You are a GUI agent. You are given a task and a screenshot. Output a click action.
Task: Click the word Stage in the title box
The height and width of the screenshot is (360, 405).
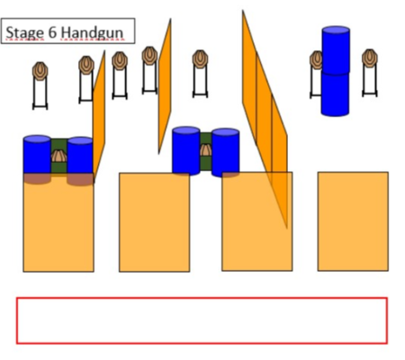(x=25, y=32)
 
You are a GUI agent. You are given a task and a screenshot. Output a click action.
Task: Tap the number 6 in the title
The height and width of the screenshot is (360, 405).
(x=52, y=31)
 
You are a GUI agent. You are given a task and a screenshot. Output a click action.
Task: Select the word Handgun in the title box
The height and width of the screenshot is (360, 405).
(x=92, y=32)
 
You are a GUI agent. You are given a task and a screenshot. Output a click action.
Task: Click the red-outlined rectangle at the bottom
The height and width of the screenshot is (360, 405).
(x=202, y=320)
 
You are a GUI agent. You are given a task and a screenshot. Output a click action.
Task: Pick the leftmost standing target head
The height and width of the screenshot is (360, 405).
(x=40, y=71)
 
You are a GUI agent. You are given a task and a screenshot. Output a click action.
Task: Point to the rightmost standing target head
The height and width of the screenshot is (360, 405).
(x=370, y=58)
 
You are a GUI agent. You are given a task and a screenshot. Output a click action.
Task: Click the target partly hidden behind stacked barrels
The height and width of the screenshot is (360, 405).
(x=316, y=60)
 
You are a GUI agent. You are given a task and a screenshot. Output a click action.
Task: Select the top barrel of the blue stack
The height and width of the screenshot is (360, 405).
(x=336, y=49)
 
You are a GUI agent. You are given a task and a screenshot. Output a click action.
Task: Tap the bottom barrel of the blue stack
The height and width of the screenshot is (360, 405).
(x=335, y=93)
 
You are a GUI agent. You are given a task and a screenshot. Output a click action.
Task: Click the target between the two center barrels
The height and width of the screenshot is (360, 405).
(x=206, y=149)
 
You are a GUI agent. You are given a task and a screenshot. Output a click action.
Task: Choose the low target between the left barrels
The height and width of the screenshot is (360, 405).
(x=58, y=156)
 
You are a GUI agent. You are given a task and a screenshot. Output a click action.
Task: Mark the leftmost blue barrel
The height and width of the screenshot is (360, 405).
(x=37, y=159)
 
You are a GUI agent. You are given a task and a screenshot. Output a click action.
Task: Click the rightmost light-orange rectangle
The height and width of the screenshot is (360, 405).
(x=353, y=221)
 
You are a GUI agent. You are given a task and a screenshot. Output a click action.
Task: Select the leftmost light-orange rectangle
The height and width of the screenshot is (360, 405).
(x=58, y=222)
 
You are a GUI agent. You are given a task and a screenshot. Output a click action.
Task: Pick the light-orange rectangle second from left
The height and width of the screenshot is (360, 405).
(x=154, y=222)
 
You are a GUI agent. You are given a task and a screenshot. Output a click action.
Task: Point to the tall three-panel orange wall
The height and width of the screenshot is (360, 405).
(x=265, y=119)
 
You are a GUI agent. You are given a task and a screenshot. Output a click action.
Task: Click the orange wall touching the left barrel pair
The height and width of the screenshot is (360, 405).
(x=99, y=116)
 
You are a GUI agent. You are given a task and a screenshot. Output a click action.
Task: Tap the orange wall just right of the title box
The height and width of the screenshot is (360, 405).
(x=165, y=86)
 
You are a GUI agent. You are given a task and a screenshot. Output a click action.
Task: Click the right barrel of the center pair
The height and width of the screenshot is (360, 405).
(x=225, y=152)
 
